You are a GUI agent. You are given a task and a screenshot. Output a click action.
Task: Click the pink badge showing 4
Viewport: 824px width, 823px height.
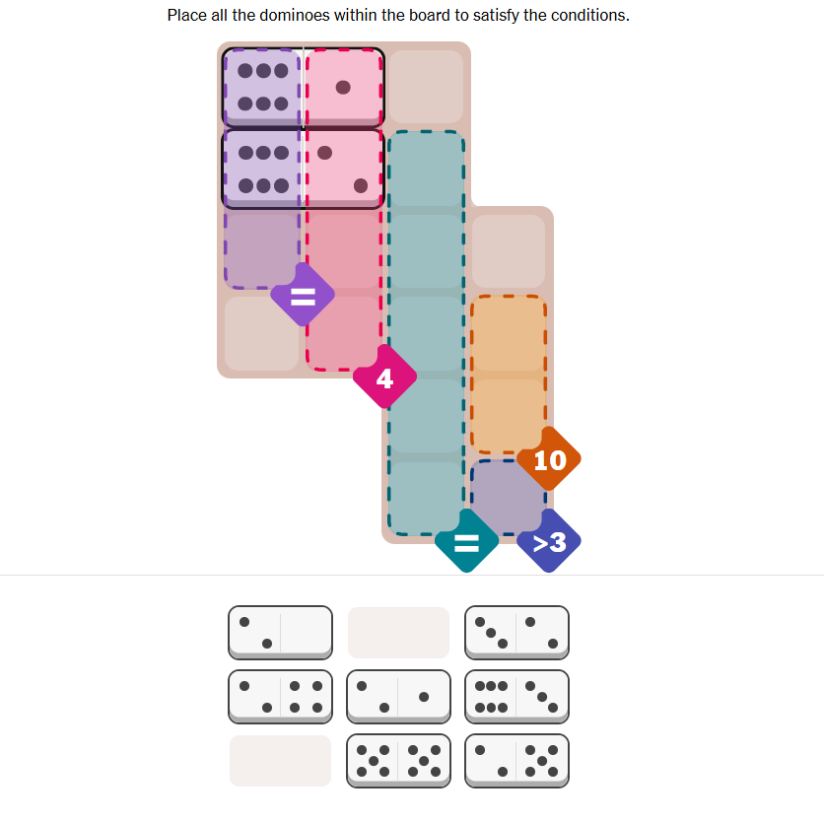click(384, 377)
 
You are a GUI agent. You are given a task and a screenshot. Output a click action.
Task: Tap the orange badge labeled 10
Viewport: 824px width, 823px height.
click(549, 459)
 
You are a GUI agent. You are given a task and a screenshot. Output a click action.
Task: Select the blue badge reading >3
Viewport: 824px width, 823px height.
click(549, 540)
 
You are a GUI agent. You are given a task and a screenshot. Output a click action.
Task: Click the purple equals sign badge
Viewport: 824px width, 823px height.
click(303, 295)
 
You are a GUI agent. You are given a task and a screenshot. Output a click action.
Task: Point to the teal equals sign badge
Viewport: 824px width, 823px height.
click(466, 540)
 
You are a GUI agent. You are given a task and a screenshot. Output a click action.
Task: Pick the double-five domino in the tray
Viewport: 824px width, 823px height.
click(398, 760)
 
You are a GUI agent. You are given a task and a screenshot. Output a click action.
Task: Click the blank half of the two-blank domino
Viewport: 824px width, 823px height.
click(307, 632)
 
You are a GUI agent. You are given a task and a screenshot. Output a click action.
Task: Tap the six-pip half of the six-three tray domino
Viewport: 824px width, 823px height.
click(490, 695)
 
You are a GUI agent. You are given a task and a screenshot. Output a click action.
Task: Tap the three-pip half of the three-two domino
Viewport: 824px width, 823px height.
click(490, 632)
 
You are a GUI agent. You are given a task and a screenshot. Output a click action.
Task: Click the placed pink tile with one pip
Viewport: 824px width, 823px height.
click(344, 87)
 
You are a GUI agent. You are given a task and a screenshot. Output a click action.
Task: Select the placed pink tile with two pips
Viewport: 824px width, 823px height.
click(344, 169)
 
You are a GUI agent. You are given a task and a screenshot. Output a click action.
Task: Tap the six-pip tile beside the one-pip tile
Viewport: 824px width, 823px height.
click(262, 87)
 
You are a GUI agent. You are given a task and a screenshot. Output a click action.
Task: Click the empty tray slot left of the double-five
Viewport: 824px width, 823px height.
click(280, 760)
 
